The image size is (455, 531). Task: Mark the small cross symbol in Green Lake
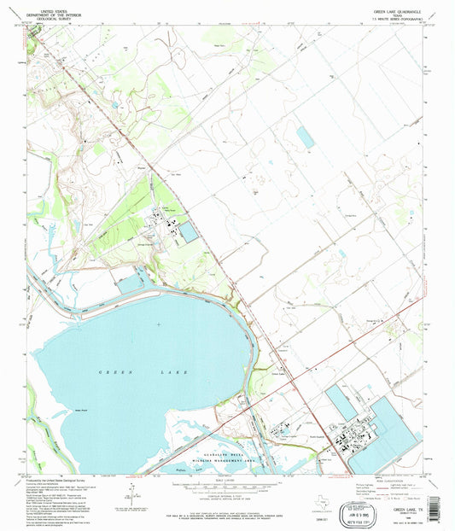coord(160,324)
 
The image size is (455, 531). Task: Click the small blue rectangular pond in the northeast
coord(305,135)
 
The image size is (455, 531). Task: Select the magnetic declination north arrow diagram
coord(131,490)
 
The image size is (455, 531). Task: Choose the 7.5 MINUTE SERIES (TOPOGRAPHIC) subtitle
coord(399,20)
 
